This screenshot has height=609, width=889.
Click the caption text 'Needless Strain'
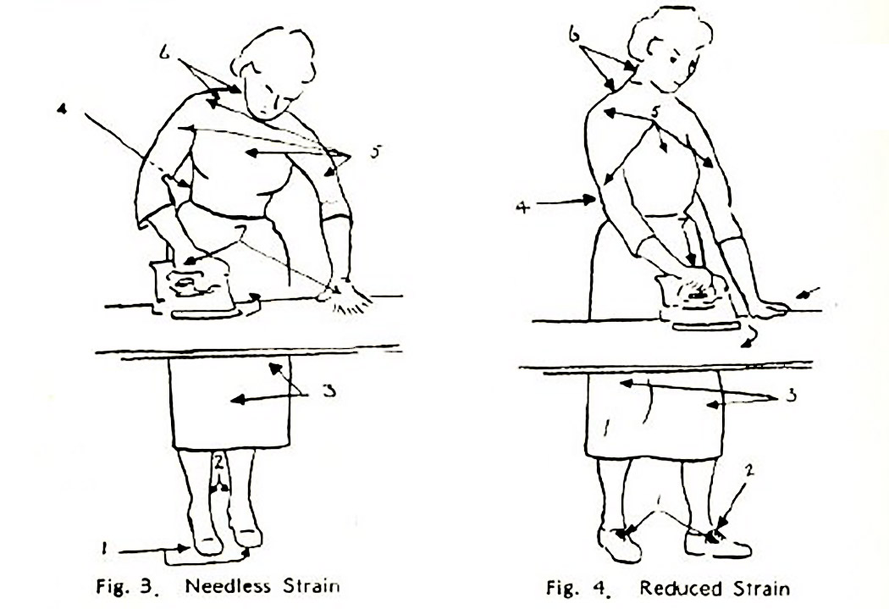pyautogui.click(x=262, y=585)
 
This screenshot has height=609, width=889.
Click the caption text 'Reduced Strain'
pyautogui.click(x=715, y=588)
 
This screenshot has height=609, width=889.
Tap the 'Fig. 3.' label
pyautogui.click(x=125, y=585)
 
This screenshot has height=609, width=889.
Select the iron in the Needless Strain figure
pyautogui.click(x=193, y=286)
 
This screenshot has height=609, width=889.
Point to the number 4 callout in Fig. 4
pyautogui.click(x=522, y=208)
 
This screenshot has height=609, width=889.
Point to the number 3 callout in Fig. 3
pyautogui.click(x=327, y=390)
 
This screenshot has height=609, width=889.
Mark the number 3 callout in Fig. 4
pyautogui.click(x=791, y=395)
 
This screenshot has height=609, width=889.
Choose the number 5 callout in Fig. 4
pyautogui.click(x=654, y=112)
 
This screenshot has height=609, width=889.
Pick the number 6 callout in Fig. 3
pyautogui.click(x=165, y=53)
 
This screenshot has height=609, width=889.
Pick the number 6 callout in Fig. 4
pyautogui.click(x=574, y=36)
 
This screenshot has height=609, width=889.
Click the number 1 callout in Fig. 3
pyautogui.click(x=104, y=548)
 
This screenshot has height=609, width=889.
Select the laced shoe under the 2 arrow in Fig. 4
pyautogui.click(x=718, y=543)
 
